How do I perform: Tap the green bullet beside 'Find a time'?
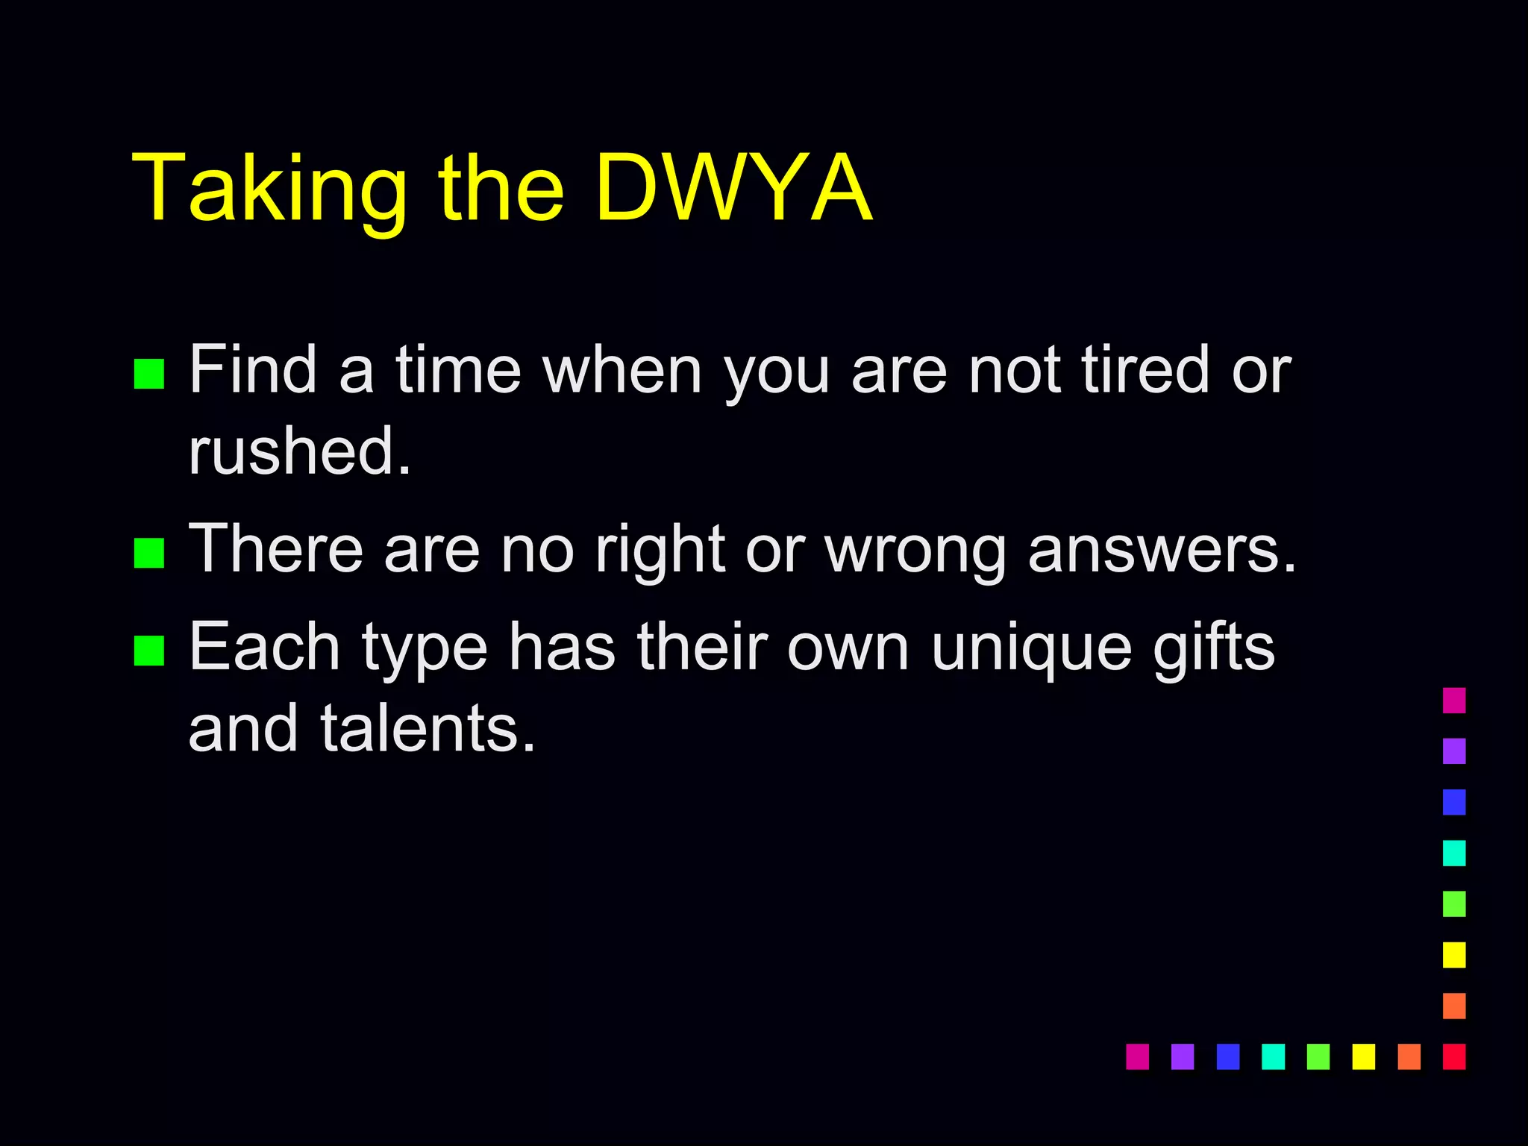click(148, 374)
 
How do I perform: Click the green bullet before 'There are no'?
click(148, 553)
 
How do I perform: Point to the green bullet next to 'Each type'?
click(148, 650)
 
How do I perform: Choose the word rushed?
click(299, 451)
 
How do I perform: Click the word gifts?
click(1214, 648)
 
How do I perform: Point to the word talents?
click(428, 728)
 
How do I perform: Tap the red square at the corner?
click(1454, 1056)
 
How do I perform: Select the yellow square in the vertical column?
click(1454, 955)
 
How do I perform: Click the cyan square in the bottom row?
click(1273, 1056)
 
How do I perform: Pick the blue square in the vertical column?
click(1454, 802)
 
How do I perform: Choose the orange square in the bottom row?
click(1409, 1056)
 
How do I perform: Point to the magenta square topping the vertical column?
click(1454, 701)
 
